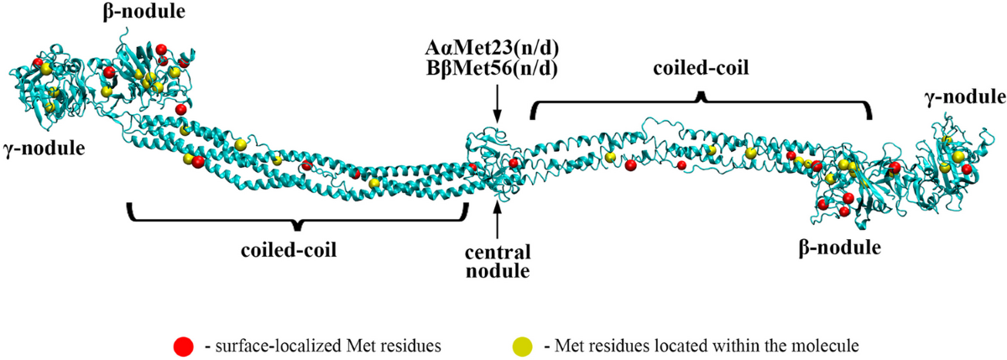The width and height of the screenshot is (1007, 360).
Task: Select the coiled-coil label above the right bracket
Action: pos(701,71)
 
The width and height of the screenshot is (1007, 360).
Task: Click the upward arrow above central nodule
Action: pos(498,220)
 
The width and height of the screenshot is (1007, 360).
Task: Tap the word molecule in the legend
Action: pos(827,344)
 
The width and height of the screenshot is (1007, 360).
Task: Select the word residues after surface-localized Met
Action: pos(382,344)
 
